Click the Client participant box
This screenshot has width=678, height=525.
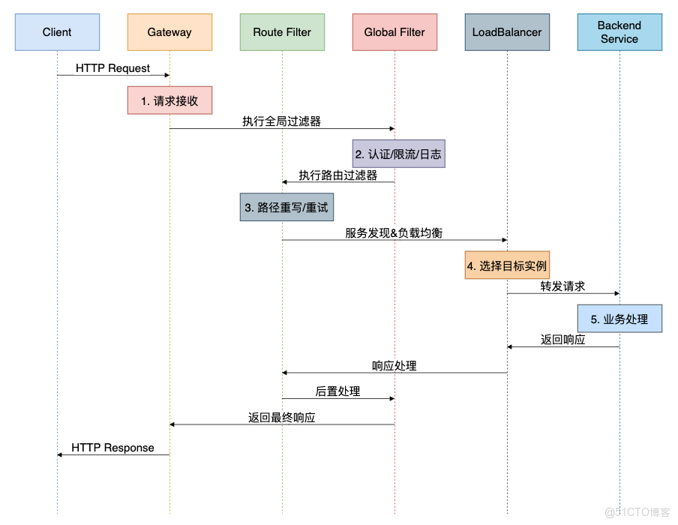pyautogui.click(x=57, y=32)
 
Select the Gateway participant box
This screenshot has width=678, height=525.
pyautogui.click(x=169, y=32)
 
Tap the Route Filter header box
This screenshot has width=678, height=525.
pyautogui.click(x=282, y=32)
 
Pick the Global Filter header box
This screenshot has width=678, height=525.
pyautogui.click(x=394, y=32)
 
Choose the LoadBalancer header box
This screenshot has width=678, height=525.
pyautogui.click(x=507, y=32)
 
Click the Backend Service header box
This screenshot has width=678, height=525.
pyautogui.click(x=619, y=32)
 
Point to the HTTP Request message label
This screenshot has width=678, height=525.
pyautogui.click(x=112, y=68)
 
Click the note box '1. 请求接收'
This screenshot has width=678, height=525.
pyautogui.click(x=169, y=100)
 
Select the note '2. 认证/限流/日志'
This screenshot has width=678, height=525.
pyautogui.click(x=398, y=154)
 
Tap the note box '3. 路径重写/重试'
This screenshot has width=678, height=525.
pyautogui.click(x=286, y=207)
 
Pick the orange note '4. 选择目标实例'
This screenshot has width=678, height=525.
pyautogui.click(x=507, y=265)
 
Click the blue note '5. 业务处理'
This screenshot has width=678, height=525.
pyautogui.click(x=619, y=319)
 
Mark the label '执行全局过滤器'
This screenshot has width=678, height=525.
pyautogui.click(x=282, y=121)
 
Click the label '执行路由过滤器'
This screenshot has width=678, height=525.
pyautogui.click(x=338, y=175)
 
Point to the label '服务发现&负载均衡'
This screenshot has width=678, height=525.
pyautogui.click(x=394, y=233)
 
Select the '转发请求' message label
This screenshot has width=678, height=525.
pyautogui.click(x=562, y=286)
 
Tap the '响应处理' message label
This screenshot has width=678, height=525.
pyautogui.click(x=394, y=366)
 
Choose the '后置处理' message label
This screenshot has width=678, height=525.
pyautogui.click(x=337, y=391)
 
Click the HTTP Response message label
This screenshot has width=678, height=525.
pyautogui.click(x=112, y=448)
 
